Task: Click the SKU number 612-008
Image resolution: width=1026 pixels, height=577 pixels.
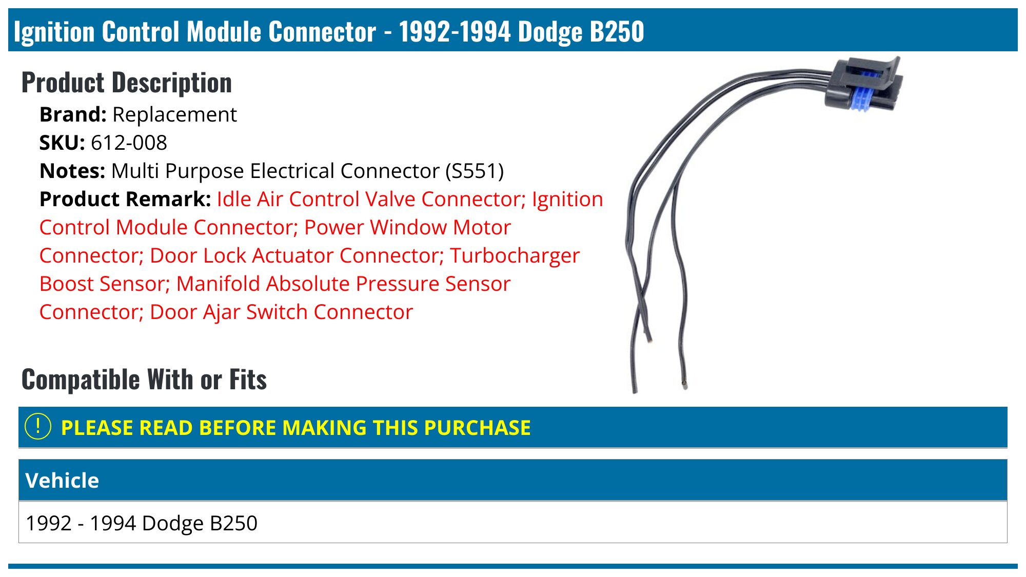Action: pyautogui.click(x=129, y=143)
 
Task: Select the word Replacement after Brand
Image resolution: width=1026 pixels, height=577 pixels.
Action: pyautogui.click(x=174, y=115)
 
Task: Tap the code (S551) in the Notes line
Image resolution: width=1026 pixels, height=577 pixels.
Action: pyautogui.click(x=475, y=171)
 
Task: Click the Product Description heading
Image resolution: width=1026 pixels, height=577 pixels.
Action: pyautogui.click(x=127, y=83)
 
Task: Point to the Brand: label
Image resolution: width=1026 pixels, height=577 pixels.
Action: pyautogui.click(x=73, y=115)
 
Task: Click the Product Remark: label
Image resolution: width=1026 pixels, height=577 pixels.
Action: pyautogui.click(x=125, y=200)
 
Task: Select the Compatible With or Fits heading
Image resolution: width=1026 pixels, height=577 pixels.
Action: pyautogui.click(x=144, y=380)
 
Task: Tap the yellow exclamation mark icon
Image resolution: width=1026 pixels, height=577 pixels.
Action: pyautogui.click(x=38, y=427)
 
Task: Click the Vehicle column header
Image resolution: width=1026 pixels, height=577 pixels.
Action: pyautogui.click(x=62, y=481)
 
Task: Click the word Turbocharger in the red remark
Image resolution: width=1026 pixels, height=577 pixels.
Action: pyautogui.click(x=515, y=256)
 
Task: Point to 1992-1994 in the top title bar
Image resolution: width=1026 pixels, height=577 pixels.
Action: pyautogui.click(x=455, y=32)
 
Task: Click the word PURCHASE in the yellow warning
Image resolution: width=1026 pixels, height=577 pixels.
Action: pyautogui.click(x=477, y=428)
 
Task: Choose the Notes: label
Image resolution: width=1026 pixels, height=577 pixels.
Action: pyautogui.click(x=72, y=171)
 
